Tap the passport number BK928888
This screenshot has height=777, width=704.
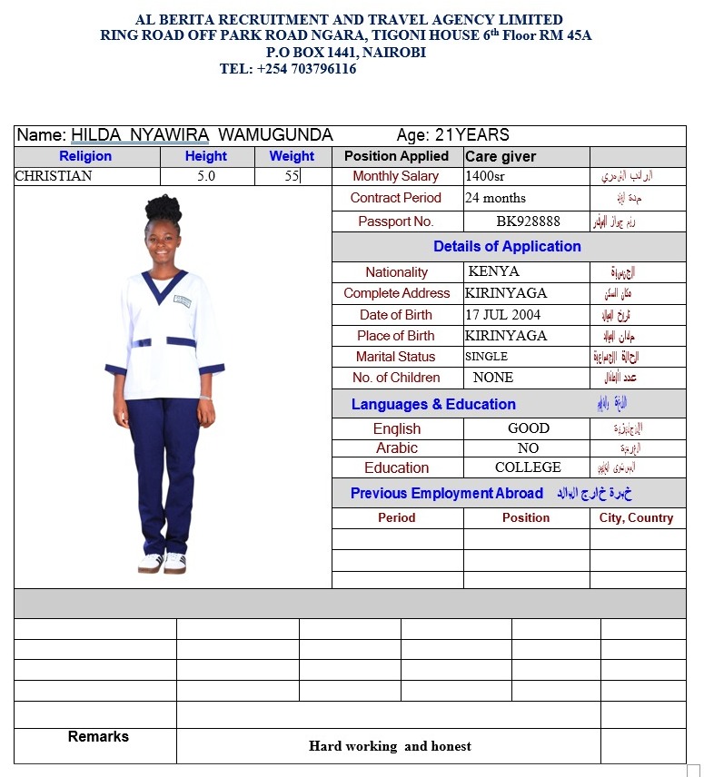pyautogui.click(x=528, y=221)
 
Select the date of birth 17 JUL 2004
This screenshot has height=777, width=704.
pyautogui.click(x=502, y=315)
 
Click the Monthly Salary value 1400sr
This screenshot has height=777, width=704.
pyautogui.click(x=483, y=176)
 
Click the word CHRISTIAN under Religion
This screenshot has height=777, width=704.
pyautogui.click(x=54, y=176)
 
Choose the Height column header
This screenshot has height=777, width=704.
pyautogui.click(x=205, y=156)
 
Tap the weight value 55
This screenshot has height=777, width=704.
pyautogui.click(x=292, y=176)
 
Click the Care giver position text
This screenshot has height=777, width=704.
pyautogui.click(x=501, y=156)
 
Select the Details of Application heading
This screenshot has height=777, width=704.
pyautogui.click(x=507, y=246)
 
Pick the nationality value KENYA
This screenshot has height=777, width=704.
pyautogui.click(x=493, y=271)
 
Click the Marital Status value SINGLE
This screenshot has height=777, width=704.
pyautogui.click(x=486, y=357)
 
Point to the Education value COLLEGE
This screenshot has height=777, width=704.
pyautogui.click(x=528, y=467)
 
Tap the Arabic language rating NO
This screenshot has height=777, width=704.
pyautogui.click(x=528, y=448)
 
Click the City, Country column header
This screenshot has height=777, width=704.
pyautogui.click(x=636, y=517)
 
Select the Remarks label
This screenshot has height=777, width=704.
pyautogui.click(x=98, y=736)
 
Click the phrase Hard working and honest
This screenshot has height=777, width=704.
pyautogui.click(x=390, y=746)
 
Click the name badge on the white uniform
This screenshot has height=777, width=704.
pyautogui.click(x=183, y=300)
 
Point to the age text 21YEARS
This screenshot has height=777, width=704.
pyautogui.click(x=471, y=135)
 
